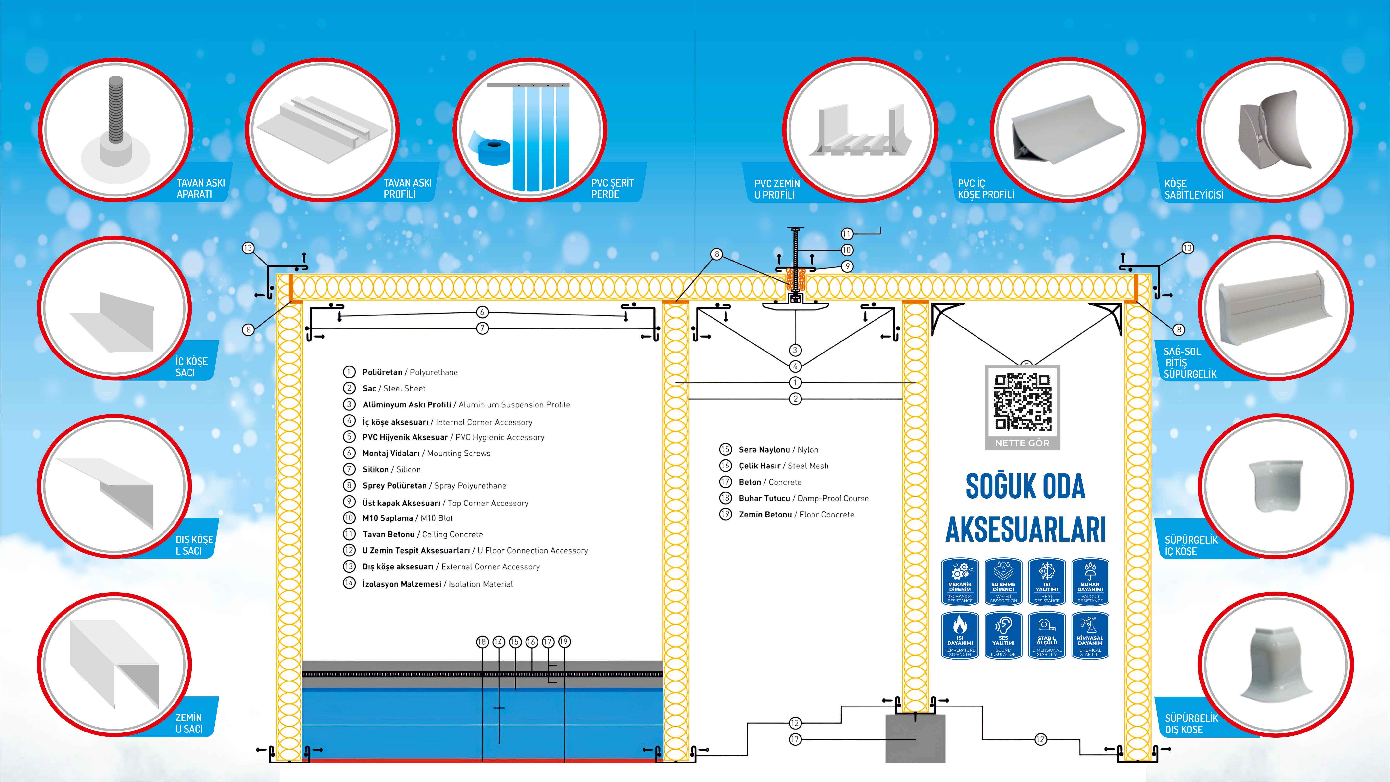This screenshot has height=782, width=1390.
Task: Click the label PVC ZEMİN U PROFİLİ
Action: (777, 189)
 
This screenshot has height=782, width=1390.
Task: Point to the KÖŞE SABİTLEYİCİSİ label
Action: (1194, 189)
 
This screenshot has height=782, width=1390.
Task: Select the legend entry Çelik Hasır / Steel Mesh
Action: (783, 466)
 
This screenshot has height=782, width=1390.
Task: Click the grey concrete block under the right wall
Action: (915, 738)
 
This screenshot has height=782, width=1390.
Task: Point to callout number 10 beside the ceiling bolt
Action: (847, 250)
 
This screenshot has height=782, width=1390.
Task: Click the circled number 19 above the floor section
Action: (564, 642)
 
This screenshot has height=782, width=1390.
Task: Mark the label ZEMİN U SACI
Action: (189, 723)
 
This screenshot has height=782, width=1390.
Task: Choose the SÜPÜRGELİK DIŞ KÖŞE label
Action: (1191, 724)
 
